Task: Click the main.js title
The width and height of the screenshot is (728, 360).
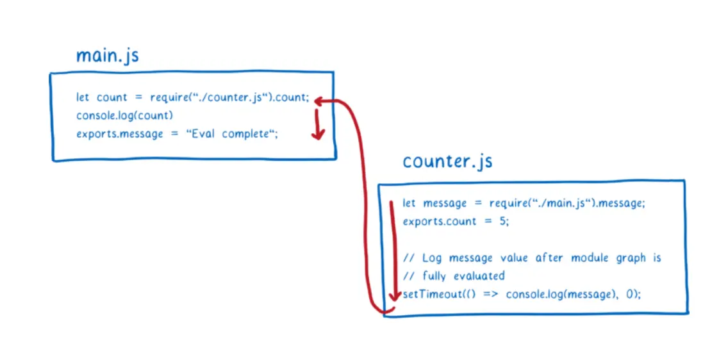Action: (x=107, y=56)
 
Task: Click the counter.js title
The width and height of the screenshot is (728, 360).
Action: (x=447, y=161)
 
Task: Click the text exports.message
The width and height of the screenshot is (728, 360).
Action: (x=119, y=135)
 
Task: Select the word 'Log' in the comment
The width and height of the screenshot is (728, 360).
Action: (x=432, y=258)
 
